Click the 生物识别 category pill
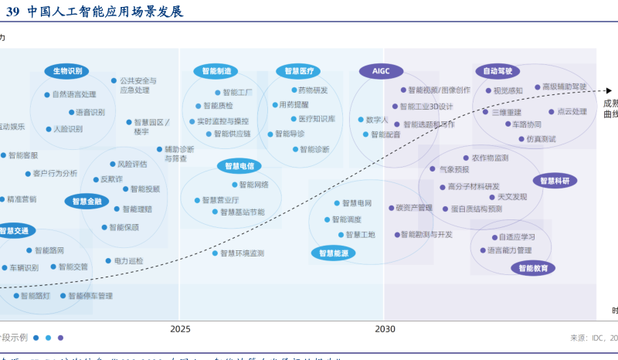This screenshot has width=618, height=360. (67, 71)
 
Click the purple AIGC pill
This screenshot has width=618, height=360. (381, 71)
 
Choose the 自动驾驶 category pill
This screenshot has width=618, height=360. (497, 71)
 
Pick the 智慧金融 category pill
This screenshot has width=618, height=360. (86, 202)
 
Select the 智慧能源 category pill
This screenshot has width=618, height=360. (334, 253)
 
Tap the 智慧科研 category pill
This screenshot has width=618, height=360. (554, 181)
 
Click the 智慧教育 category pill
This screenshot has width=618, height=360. (532, 268)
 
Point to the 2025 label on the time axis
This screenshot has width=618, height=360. (180, 328)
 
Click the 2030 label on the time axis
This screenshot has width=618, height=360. (385, 328)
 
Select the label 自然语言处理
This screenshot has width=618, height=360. (74, 94)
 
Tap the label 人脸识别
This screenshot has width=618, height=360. (68, 129)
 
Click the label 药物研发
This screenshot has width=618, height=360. (313, 90)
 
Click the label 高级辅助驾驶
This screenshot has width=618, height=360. (564, 87)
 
